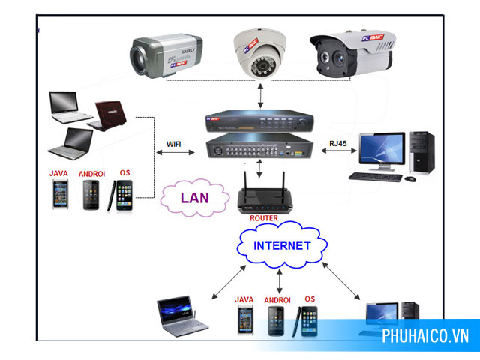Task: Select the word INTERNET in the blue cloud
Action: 281,245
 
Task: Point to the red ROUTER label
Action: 264,218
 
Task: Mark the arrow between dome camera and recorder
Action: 260,95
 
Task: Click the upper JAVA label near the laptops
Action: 59,173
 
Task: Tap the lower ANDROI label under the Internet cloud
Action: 277,300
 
